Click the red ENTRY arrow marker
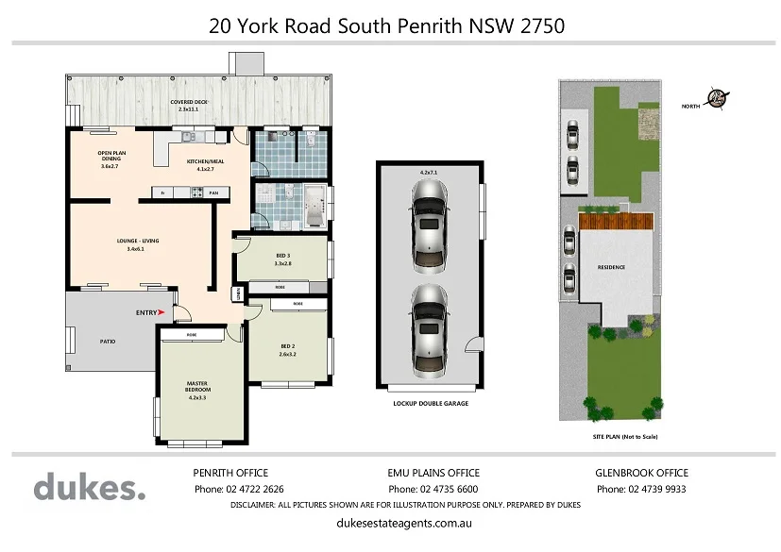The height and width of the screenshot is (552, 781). (162, 311)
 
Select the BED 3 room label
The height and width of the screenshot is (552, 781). (282, 256)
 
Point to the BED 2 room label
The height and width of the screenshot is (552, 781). (288, 346)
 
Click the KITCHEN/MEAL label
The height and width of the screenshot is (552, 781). (204, 162)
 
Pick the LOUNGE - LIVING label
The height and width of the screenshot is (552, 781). (137, 242)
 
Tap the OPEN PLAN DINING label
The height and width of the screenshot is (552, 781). (110, 158)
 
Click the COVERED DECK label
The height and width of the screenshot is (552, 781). (189, 102)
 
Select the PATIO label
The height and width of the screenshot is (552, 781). (107, 341)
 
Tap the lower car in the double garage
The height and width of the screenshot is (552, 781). (430, 319)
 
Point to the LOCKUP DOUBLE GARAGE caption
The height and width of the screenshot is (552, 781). (431, 403)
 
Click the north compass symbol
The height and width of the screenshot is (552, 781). (721, 97)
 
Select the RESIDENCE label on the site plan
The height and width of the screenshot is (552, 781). (611, 267)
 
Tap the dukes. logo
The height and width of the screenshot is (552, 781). (90, 488)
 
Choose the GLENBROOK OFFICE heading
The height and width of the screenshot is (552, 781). (641, 473)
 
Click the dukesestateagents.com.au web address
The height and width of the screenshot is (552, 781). (403, 522)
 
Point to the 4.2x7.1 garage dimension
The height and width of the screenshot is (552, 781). (430, 173)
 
